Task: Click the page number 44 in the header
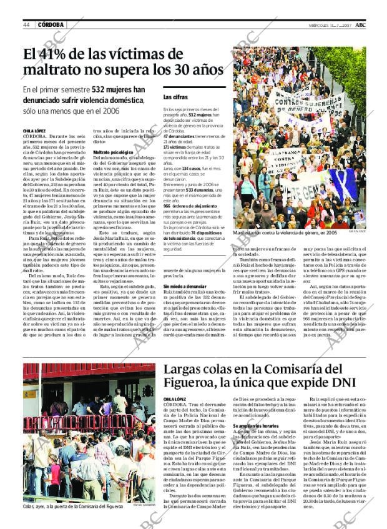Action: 27,25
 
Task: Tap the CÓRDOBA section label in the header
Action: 51,25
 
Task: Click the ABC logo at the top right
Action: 370,24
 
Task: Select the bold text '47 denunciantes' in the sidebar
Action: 178,136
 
